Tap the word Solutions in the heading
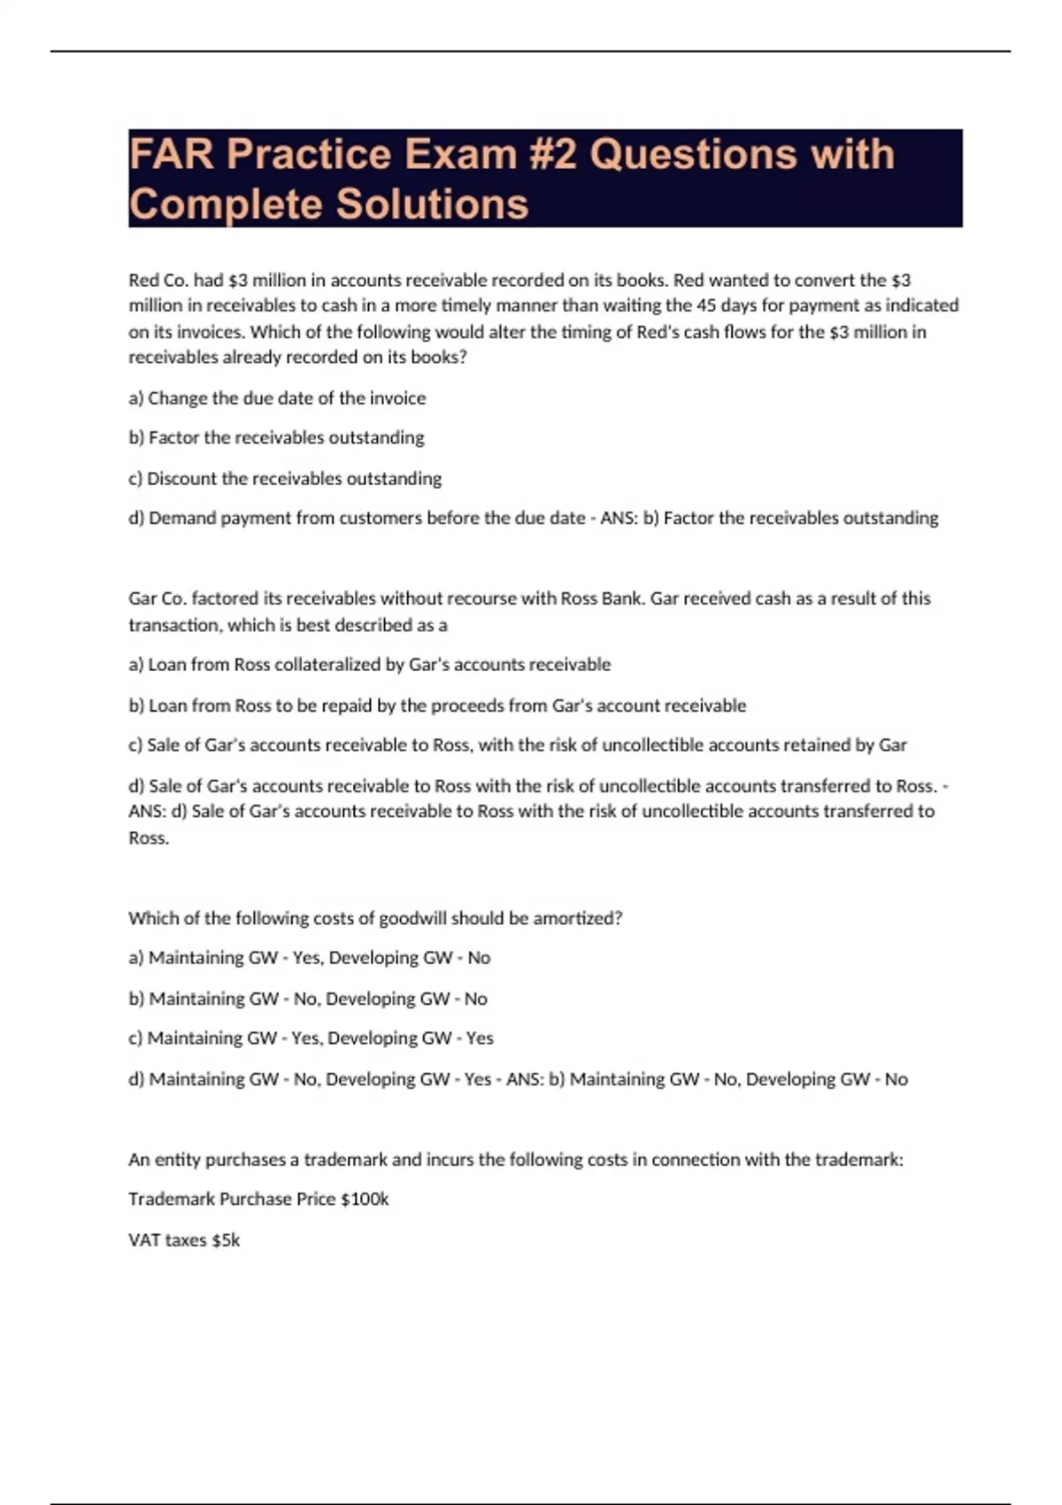[432, 205]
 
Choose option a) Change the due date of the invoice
[277, 398]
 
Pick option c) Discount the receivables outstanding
[285, 479]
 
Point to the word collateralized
[327, 665]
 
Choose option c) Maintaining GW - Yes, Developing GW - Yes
[311, 1038]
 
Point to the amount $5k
[226, 1240]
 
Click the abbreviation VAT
[143, 1240]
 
